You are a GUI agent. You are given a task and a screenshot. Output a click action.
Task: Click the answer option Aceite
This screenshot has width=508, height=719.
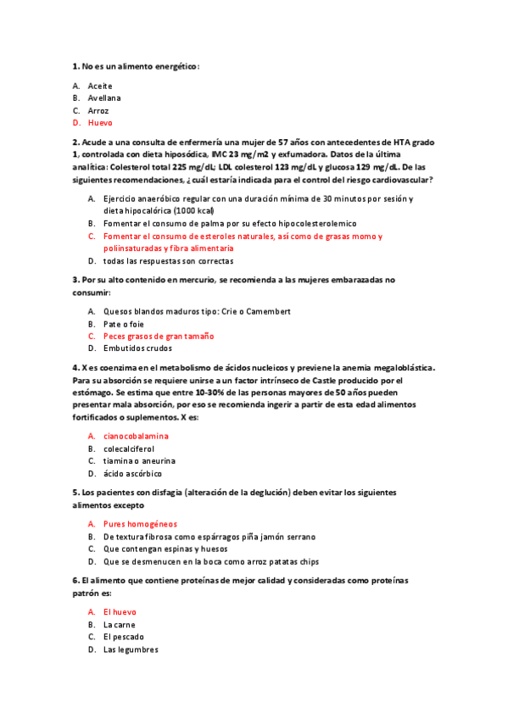point(100,86)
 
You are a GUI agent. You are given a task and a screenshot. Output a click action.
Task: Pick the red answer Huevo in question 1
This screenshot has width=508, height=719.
point(99,123)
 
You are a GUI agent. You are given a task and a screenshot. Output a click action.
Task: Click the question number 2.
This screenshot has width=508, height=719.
point(75,142)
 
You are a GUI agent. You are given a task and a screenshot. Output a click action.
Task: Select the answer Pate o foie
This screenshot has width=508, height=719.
point(124,324)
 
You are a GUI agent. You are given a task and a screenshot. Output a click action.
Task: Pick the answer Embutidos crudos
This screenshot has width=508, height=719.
point(137,348)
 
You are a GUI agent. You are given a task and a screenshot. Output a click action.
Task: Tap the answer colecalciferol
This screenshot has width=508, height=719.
point(129,449)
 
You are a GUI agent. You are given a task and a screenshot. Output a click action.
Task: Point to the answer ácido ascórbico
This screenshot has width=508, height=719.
point(132,473)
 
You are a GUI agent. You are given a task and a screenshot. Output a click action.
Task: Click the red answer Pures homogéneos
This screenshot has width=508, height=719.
point(140,524)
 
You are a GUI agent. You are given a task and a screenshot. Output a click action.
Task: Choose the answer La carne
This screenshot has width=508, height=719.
point(120,624)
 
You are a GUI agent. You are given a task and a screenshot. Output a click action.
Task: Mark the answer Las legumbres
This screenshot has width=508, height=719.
point(131,649)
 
